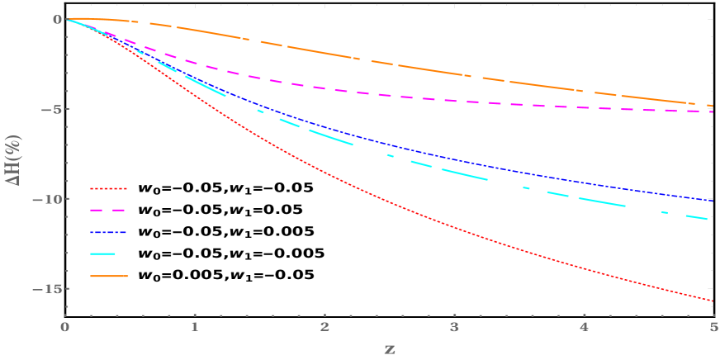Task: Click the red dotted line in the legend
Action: coord(108,189)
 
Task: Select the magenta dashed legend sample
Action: coord(108,211)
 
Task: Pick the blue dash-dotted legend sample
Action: coord(108,233)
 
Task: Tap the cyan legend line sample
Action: coord(103,254)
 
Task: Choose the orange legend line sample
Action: coord(109,276)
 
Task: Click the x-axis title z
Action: coord(389,348)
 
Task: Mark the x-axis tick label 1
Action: coord(195,327)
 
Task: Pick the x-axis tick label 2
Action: coord(324,327)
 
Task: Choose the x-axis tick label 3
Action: coord(454,327)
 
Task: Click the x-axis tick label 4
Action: coord(584,327)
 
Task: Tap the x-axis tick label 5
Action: coord(713,327)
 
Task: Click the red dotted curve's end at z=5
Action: coord(712,301)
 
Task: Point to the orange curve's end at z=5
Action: coord(712,106)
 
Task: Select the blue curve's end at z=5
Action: coord(712,201)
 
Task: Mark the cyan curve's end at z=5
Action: coord(708,220)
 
